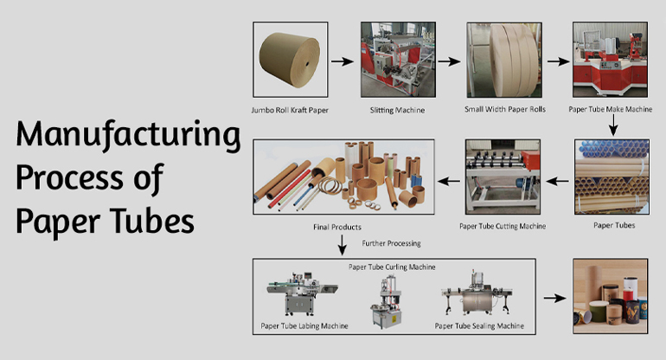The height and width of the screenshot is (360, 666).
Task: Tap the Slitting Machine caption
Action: pyautogui.click(x=390, y=111)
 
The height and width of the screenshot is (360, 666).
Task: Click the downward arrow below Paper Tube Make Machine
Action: pyautogui.click(x=612, y=126)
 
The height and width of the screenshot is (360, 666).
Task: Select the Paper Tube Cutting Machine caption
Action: pyautogui.click(x=503, y=227)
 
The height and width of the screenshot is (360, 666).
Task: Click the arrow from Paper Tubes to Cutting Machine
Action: pyautogui.click(x=557, y=182)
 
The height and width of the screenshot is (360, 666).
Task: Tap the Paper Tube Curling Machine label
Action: pyautogui.click(x=391, y=267)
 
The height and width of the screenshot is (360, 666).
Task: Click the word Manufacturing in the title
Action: pyautogui.click(x=128, y=137)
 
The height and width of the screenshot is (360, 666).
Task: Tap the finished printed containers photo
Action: pyautogui.click(x=611, y=296)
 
